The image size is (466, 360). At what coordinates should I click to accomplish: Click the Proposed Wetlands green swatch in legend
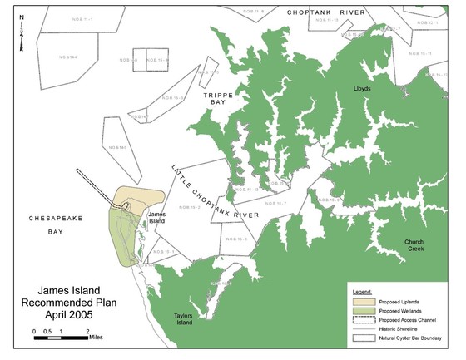click(361, 309)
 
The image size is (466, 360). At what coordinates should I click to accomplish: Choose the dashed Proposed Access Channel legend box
click(361, 319)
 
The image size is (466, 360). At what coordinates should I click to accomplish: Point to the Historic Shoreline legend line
click(361, 329)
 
